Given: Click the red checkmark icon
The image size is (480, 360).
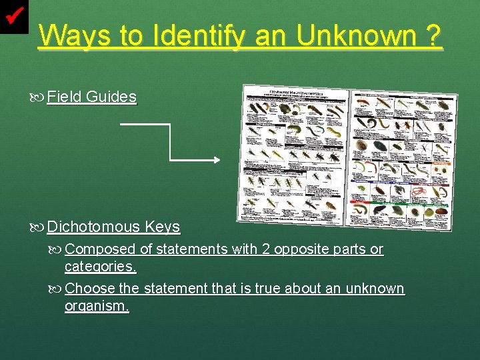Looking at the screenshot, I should coord(14,15).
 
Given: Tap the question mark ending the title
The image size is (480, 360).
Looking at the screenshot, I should coord(433,36).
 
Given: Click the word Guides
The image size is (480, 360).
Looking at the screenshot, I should coord(111,97).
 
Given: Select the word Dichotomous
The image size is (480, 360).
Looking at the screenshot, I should coord(93,227).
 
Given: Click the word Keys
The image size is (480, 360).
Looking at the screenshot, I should coord(163,227).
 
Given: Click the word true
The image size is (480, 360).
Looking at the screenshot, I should coord(268,289).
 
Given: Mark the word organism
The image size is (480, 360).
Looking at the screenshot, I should coord(97,306).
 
